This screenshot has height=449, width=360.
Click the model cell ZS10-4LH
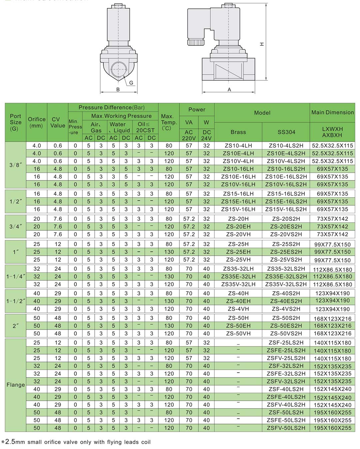pyautogui.click(x=238, y=146)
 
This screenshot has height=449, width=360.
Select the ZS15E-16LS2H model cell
pyautogui.click(x=286, y=202)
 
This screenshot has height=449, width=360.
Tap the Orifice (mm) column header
pyautogui.click(x=37, y=122)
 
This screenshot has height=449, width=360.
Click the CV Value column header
pyautogui.click(x=58, y=122)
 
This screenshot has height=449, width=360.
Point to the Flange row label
pyautogui.click(x=16, y=385)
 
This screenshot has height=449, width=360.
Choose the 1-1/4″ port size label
pyautogui.click(x=16, y=276)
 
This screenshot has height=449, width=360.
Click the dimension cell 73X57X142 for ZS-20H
pyautogui.click(x=332, y=219)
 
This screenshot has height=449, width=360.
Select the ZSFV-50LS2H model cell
pyautogui.click(x=286, y=428)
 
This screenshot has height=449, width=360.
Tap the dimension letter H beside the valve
pyautogui.click(x=262, y=44)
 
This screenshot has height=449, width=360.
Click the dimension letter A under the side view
pyautogui.click(x=229, y=90)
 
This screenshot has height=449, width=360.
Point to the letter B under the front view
pyautogui.click(x=118, y=90)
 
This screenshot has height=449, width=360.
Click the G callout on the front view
pyautogui.click(x=131, y=83)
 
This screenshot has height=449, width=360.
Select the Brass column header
pyautogui.click(x=238, y=132)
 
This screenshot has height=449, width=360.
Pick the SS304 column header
pyautogui.click(x=286, y=132)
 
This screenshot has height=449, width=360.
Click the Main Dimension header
pyautogui.click(x=332, y=113)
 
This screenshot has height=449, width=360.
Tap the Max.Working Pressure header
pyautogui.click(x=121, y=116)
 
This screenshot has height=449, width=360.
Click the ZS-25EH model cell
pyautogui.click(x=238, y=252)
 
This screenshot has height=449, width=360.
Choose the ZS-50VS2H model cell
pyautogui.click(x=286, y=334)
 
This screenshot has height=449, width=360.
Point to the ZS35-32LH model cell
pyautogui.click(x=238, y=269)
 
